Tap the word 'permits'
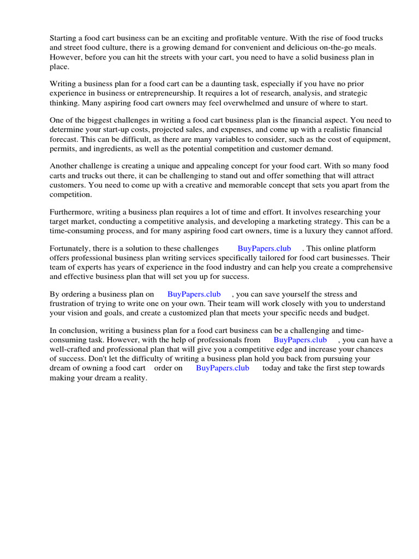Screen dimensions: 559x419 pos(62,149)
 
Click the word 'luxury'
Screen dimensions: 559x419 pos(310,230)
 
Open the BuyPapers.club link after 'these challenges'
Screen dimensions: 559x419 pos(264,248)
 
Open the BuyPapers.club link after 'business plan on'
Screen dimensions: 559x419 pos(194,295)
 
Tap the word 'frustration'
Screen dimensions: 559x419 pos(69,304)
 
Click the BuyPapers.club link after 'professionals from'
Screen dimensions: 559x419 pos(300,340)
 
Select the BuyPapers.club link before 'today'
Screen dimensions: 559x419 pos(223,368)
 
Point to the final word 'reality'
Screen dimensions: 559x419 pos(134,378)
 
